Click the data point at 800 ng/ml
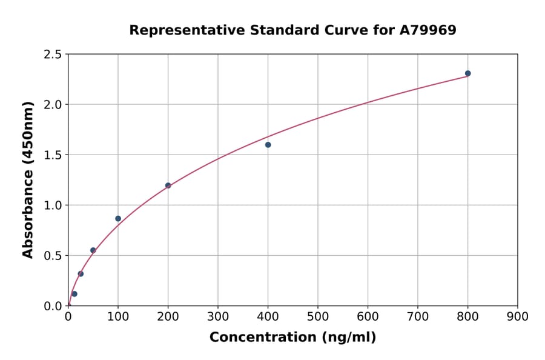point(467,73)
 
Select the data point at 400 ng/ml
point(268,145)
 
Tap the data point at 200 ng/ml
point(168,185)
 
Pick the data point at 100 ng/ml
point(118,219)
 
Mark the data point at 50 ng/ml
point(93,250)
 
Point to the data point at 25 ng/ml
point(81,274)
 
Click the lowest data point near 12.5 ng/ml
point(74,294)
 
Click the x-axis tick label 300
point(217,316)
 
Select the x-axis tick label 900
point(517,316)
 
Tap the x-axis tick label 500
point(317,316)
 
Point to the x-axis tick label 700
point(417,316)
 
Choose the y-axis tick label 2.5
point(53,55)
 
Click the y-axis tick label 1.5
point(53,155)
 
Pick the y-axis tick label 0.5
point(53,256)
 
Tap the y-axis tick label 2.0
point(53,105)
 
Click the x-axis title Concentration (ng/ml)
point(292,338)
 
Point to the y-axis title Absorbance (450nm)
point(28,180)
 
